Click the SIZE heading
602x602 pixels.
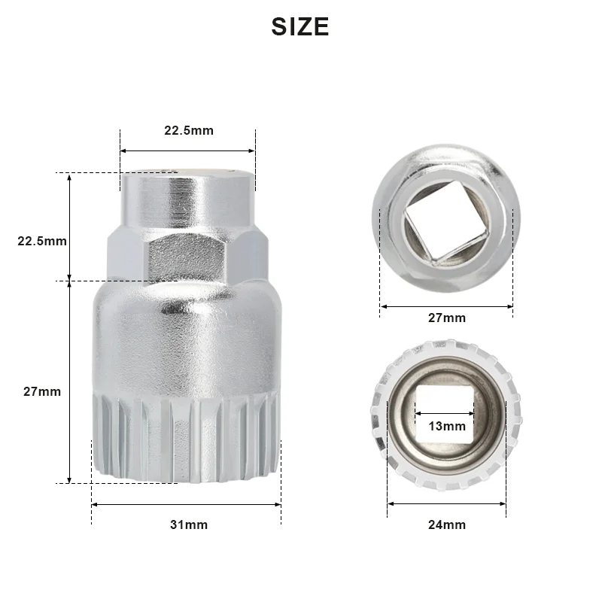pyautogui.click(x=300, y=27)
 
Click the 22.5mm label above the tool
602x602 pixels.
pyautogui.click(x=189, y=131)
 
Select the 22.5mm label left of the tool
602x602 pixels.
pyautogui.click(x=42, y=242)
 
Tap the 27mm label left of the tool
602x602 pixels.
pyautogui.click(x=42, y=391)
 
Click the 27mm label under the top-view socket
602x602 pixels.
pyautogui.click(x=447, y=318)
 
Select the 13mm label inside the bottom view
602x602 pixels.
pyautogui.click(x=447, y=426)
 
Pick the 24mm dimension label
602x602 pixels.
pyautogui.click(x=447, y=524)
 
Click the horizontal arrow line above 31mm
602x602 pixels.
pyautogui.click(x=187, y=504)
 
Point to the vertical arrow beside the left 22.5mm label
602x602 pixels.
pyautogui.click(x=69, y=226)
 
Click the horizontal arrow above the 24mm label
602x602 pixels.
pyautogui.click(x=447, y=504)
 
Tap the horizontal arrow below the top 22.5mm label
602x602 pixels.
pyautogui.click(x=188, y=150)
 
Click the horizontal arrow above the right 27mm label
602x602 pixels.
pyautogui.click(x=446, y=306)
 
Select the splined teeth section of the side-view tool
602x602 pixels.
pyautogui.click(x=188, y=436)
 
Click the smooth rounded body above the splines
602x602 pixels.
pyautogui.click(x=188, y=339)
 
